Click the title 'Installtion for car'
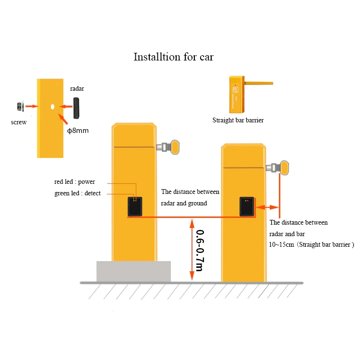point(174,57)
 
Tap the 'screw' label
point(19,122)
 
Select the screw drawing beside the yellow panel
point(21,106)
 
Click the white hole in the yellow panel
point(52,107)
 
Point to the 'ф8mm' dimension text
point(78,131)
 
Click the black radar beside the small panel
point(76,108)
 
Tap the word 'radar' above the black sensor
point(77,89)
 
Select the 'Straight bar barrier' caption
point(238,120)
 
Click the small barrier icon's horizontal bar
point(259,83)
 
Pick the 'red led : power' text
point(74,181)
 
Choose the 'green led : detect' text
point(77,193)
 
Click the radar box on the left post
point(135,206)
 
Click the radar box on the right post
point(247,206)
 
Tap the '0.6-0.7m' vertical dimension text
point(200,251)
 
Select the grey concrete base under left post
point(133,271)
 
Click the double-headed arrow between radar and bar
point(267,207)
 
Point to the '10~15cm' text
point(281,244)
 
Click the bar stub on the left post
point(168,147)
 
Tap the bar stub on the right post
point(277,168)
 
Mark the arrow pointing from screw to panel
point(32,106)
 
